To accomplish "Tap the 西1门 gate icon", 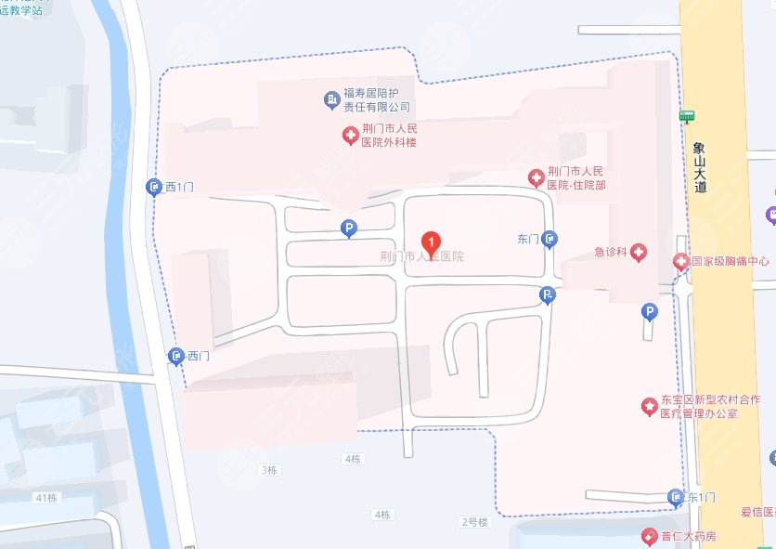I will pos(154,188).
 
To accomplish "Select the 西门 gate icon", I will pos(176,356).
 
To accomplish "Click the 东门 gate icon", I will pos(550,240).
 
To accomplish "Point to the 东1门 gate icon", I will pos(677,499).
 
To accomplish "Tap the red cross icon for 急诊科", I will pos(638,252).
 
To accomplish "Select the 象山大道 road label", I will pos(700,167).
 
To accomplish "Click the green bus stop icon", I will pos(687,116).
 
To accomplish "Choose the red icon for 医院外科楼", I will pos(350,137).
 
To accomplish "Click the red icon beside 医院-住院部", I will pos(536,177).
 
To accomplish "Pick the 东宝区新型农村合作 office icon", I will pos(649,406).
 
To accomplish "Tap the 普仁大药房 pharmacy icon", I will pos(650,537).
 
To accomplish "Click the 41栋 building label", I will pos(46,498).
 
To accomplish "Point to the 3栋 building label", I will pos(269,471).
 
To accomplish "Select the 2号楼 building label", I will pos(474,522).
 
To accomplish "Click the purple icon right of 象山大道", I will pos(770,216).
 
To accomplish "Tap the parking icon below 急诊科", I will pos(650,312).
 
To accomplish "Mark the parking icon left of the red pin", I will pos(349,227).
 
